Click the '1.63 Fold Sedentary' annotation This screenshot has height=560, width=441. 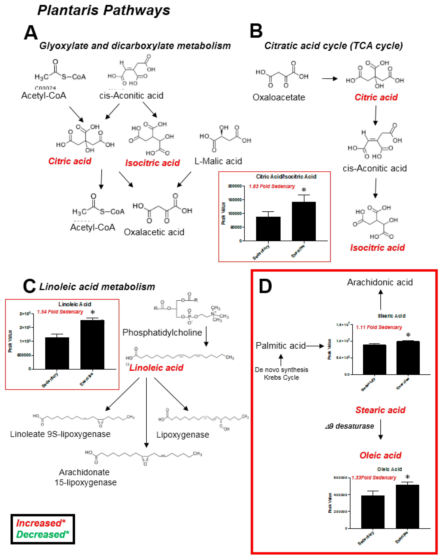pyautogui.click(x=272, y=186)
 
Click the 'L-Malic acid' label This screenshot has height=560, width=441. pyautogui.click(x=218, y=161)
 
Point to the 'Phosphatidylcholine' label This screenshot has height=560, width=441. pyautogui.click(x=162, y=333)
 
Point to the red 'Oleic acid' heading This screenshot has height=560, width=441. pyautogui.click(x=380, y=455)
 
